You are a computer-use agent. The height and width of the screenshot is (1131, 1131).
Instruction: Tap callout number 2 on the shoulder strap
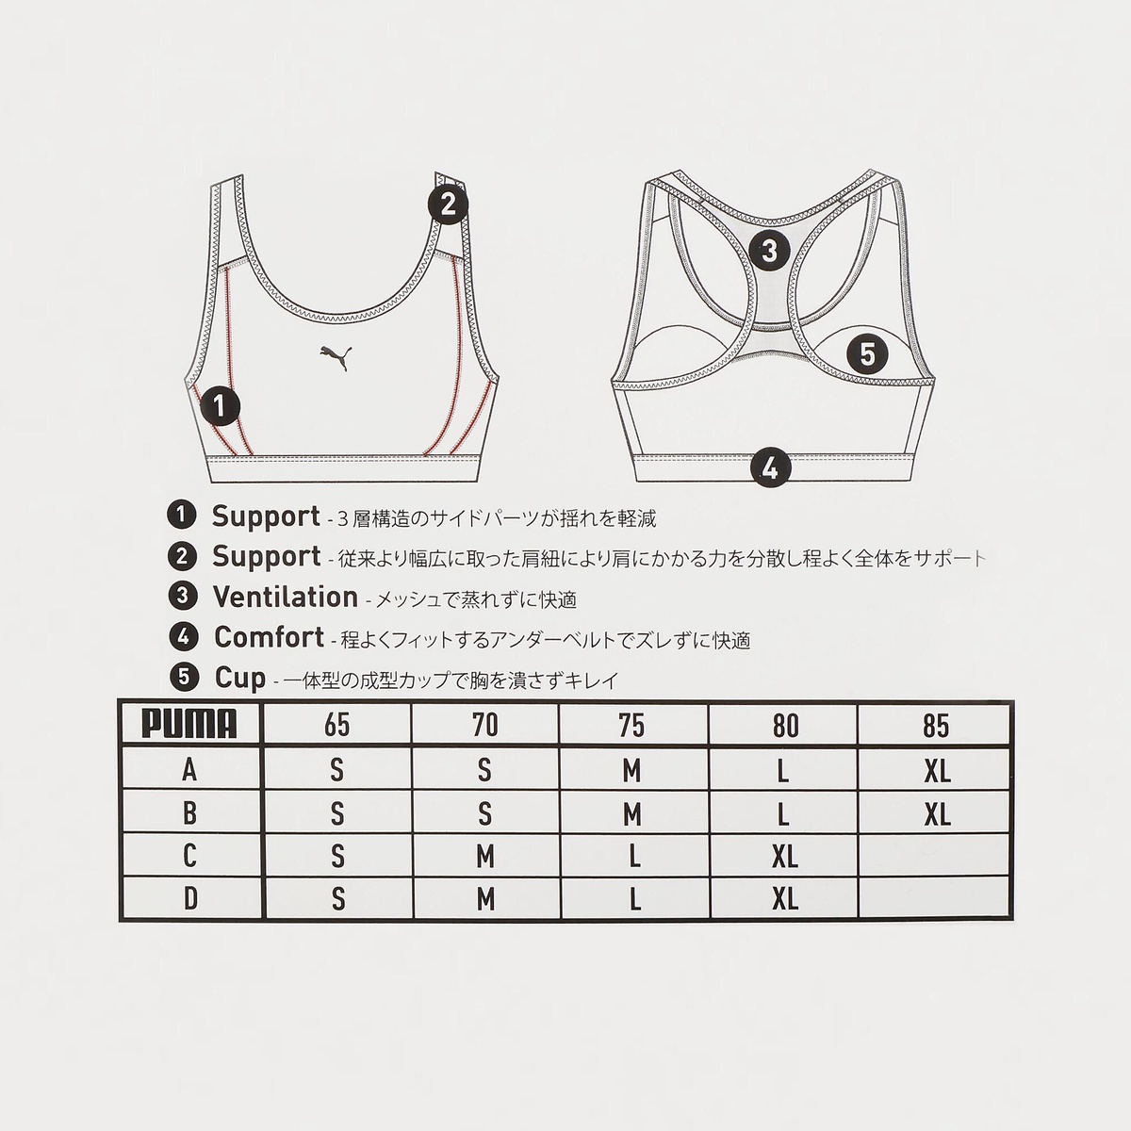[449, 204]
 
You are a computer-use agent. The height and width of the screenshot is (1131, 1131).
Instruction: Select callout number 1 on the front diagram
[220, 407]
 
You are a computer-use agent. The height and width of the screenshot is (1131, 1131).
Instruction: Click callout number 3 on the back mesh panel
[770, 251]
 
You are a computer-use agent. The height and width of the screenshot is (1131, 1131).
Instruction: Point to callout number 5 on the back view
[867, 354]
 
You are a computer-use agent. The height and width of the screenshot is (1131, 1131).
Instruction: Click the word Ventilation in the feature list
[285, 598]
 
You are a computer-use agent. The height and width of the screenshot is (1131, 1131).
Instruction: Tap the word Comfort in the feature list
[269, 637]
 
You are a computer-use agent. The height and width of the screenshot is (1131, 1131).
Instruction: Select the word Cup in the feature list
[240, 678]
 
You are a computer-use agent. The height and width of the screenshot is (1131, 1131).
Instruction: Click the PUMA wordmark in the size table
[189, 725]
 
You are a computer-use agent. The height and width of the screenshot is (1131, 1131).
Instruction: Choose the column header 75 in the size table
[632, 725]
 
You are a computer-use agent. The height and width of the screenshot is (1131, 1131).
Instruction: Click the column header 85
[937, 725]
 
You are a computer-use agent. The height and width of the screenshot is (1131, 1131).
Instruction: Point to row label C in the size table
[190, 856]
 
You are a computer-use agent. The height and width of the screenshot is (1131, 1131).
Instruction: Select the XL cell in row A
[937, 770]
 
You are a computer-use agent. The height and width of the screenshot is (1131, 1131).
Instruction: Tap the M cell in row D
[485, 900]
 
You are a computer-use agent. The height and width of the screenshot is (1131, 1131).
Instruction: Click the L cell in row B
[784, 812]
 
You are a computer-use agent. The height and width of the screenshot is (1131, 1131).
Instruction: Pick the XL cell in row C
[784, 856]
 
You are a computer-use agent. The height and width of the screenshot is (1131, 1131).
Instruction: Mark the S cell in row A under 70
[485, 770]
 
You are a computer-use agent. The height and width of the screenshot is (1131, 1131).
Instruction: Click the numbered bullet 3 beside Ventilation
[181, 597]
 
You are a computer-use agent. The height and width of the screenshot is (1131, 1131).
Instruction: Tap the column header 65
[336, 725]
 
